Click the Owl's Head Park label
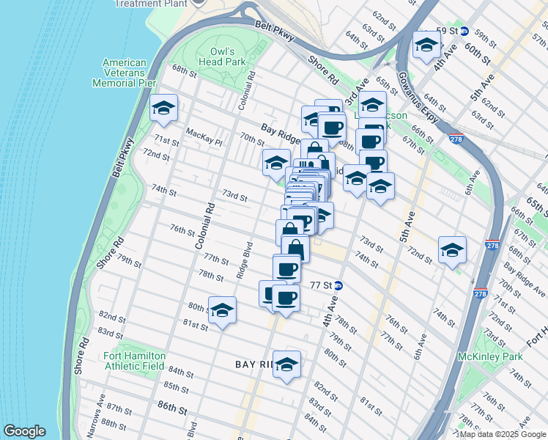pos(222,57)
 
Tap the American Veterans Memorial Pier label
pos(125,73)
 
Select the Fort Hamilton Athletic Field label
pos(128,361)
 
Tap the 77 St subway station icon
pos(339,285)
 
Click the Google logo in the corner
pos(24,431)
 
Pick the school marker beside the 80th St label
pos(222,310)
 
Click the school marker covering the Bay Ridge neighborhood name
pos(287,364)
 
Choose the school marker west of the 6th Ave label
pos(452,250)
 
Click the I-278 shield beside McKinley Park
pos(480,293)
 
